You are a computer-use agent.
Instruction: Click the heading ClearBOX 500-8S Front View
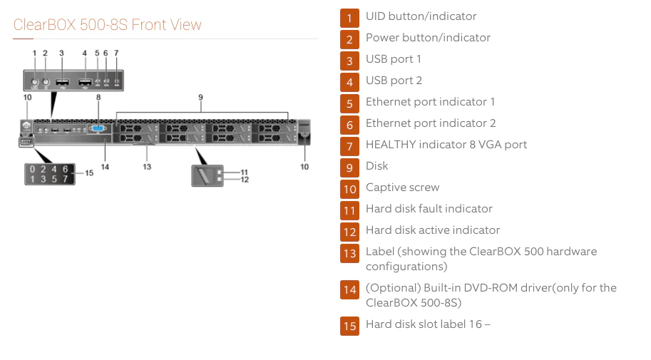(108, 25)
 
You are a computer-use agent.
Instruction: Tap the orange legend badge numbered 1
(349, 17)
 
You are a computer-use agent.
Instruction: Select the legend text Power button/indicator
(428, 38)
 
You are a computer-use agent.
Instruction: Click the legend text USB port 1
(394, 59)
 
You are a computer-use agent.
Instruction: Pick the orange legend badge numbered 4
(349, 81)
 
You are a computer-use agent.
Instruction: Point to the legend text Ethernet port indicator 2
(431, 123)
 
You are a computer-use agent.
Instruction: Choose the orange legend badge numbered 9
(349, 167)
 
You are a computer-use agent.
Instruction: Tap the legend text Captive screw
(402, 187)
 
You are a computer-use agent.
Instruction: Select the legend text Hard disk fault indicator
(429, 209)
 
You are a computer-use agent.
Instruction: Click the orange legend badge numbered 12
(349, 231)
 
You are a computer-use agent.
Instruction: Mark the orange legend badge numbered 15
(349, 326)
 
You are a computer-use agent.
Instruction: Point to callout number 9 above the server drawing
(200, 96)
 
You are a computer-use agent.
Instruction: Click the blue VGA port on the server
(98, 130)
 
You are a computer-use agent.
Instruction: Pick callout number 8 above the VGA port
(98, 96)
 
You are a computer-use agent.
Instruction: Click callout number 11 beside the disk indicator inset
(245, 172)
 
